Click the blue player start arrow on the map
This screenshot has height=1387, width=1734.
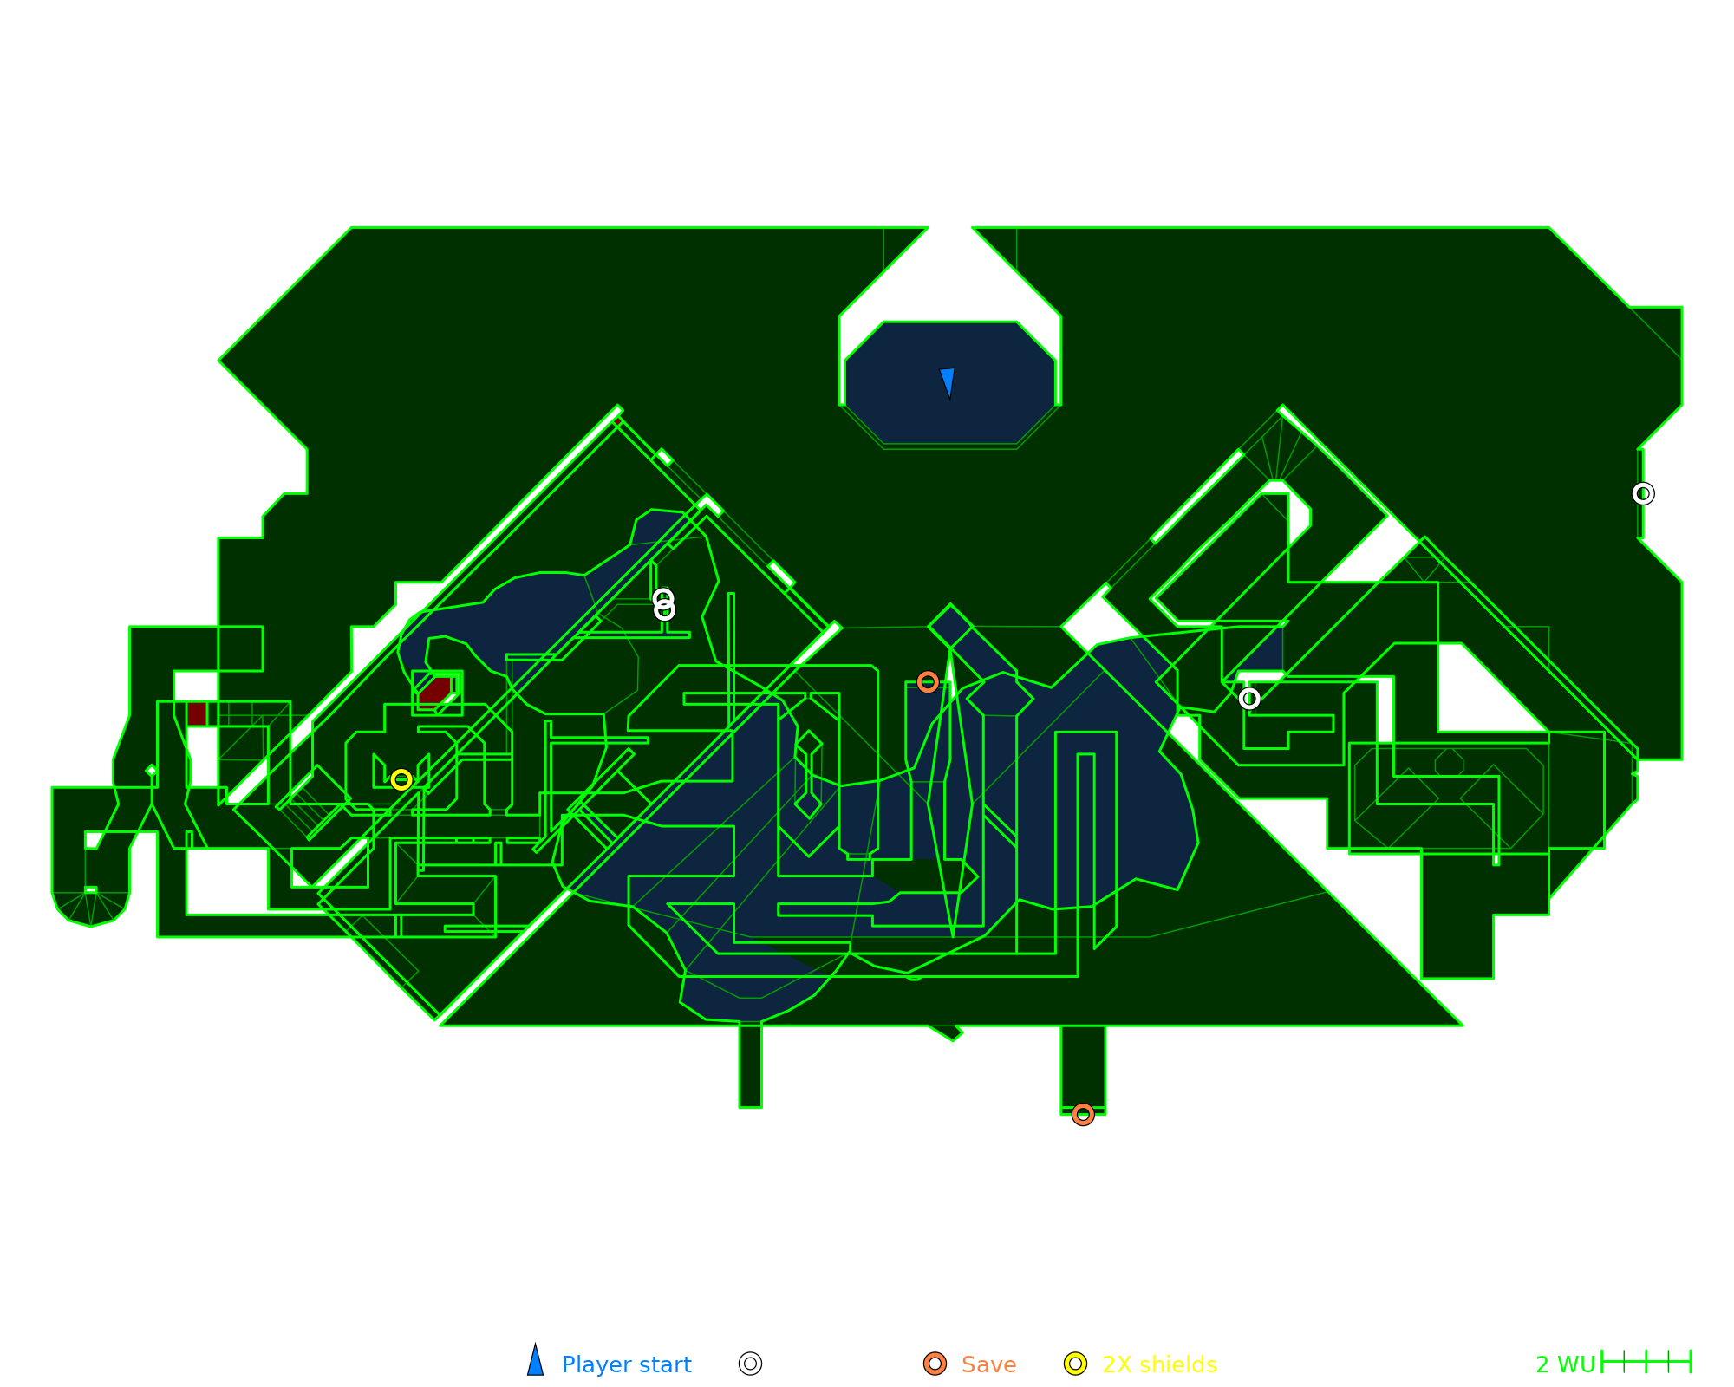coord(948,382)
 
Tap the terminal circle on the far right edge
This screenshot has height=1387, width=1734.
coord(1642,493)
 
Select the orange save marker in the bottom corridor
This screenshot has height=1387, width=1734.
coord(1083,1114)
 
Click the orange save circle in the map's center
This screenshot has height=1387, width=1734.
coord(928,682)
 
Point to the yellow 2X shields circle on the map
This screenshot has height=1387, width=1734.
coord(401,779)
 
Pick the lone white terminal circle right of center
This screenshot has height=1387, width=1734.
coord(1248,699)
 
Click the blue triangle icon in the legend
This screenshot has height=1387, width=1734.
coord(536,1363)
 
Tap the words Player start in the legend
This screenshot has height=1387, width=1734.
coord(626,1364)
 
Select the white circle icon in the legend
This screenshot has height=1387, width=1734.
coord(750,1364)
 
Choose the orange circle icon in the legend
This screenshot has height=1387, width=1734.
coord(935,1364)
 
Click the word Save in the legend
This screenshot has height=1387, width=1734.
coord(988,1364)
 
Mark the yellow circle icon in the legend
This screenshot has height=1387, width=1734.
coord(1075,1364)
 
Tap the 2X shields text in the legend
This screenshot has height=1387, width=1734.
coord(1159,1364)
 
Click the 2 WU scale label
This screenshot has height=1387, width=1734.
coord(1565,1364)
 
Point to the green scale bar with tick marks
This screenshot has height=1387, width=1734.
coord(1646,1362)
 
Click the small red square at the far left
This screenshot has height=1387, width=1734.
coord(197,714)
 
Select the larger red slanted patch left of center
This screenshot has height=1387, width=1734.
coord(434,691)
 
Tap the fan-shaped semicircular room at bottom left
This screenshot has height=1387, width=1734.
coord(91,907)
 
